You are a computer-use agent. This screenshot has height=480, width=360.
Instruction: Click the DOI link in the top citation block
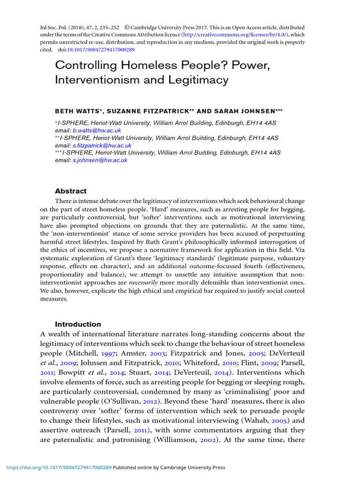[101, 49]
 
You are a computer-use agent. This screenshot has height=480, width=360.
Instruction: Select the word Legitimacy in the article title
[200, 80]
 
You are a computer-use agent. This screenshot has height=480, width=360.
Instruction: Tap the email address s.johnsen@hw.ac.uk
[99, 160]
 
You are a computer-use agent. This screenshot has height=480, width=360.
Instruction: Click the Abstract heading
[71, 191]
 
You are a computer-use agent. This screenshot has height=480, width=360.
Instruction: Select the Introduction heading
[78, 324]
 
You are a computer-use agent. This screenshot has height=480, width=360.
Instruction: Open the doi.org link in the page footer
[59, 467]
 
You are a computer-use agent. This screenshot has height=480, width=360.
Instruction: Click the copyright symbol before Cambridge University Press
[126, 28]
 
